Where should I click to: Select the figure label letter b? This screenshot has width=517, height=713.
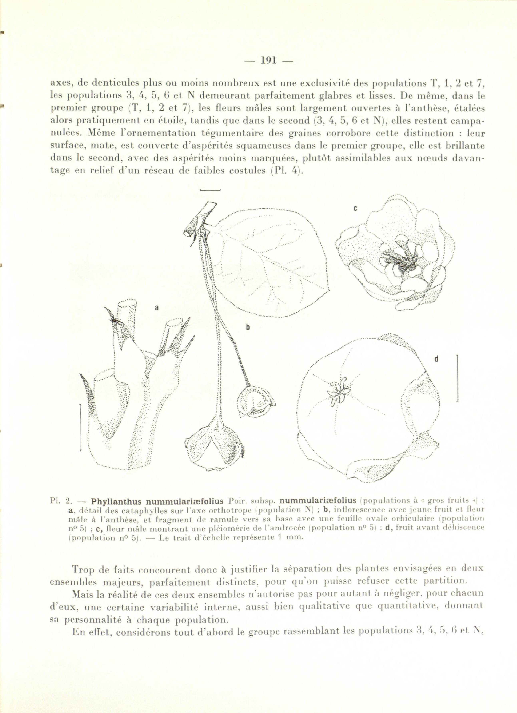pyautogui.click(x=248, y=327)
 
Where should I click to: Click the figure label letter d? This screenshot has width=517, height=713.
pyautogui.click(x=436, y=359)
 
